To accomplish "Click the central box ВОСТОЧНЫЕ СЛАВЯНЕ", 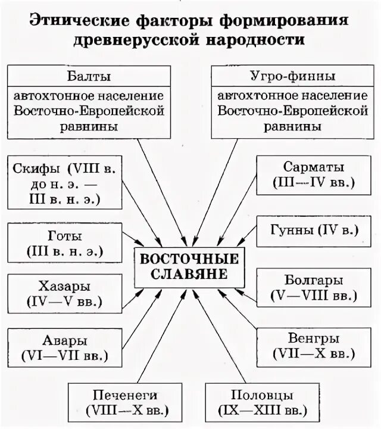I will click(x=189, y=266).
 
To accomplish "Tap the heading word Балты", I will click(x=88, y=76).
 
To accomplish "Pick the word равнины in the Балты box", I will click(x=88, y=126).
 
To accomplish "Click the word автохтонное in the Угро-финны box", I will click(x=250, y=95).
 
